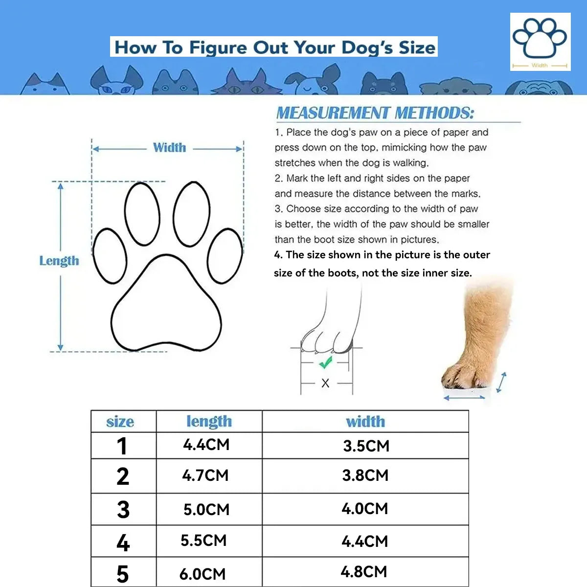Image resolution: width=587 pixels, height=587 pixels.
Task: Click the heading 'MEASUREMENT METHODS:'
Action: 375,113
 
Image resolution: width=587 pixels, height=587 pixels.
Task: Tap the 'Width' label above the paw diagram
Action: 169,148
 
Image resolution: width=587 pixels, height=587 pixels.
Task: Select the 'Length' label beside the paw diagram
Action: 59,261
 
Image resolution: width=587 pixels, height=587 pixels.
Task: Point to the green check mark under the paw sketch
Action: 325,362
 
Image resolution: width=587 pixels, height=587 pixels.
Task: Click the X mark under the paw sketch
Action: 325,383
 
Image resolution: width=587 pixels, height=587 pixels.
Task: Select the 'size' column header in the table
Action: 120,422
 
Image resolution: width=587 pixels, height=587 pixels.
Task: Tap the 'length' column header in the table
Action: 209,422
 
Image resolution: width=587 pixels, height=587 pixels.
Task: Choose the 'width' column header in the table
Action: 365,422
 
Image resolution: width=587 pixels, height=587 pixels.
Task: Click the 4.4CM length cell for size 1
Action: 206,445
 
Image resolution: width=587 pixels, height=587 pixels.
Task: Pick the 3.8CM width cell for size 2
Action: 365,475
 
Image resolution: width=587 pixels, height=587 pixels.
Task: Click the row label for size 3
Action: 123,510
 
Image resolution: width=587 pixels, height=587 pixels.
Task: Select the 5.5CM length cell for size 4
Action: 203,541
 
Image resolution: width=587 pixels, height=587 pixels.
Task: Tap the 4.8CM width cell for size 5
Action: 364,572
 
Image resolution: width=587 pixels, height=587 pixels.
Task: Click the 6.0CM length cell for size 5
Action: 203,574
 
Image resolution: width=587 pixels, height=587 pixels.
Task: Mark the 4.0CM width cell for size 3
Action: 365,509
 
